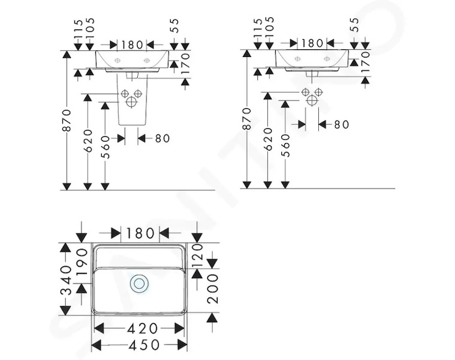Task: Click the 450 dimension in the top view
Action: tap(144, 345)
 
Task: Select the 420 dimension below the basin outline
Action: tap(143, 329)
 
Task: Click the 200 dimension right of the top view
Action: tap(213, 289)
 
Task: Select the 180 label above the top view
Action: tap(140, 233)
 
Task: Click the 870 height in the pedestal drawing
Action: tap(67, 121)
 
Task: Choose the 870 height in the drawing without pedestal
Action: tap(247, 119)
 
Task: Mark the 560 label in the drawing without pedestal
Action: tap(285, 145)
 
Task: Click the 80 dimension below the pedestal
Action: tap(162, 139)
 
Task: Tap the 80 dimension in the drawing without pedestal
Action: tap(342, 125)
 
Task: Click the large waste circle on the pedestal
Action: tap(131, 101)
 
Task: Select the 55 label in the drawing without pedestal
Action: tap(354, 25)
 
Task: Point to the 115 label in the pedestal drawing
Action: tap(78, 29)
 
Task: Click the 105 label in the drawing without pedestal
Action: tap(270, 27)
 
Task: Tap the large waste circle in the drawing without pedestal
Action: tap(312, 100)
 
